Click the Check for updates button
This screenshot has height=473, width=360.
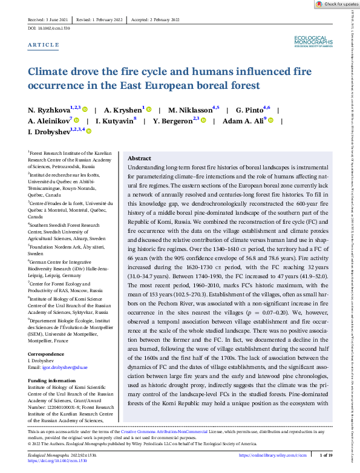tap(336, 4)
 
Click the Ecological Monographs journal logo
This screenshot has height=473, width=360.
tap(312, 41)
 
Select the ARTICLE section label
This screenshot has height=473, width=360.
tap(44, 45)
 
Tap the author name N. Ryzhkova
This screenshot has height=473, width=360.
tap(49, 110)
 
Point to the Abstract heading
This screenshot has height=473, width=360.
tap(140, 158)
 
